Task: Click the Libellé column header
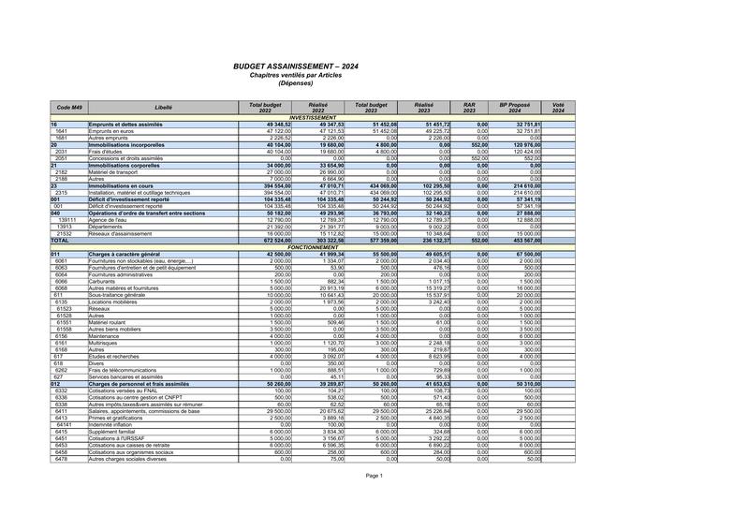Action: pos(163,108)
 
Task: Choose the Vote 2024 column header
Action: pos(558,108)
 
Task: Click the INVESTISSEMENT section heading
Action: pos(313,117)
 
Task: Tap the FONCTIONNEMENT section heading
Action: pos(313,247)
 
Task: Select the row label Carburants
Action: pos(105,281)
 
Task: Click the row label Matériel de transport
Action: pos(119,172)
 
